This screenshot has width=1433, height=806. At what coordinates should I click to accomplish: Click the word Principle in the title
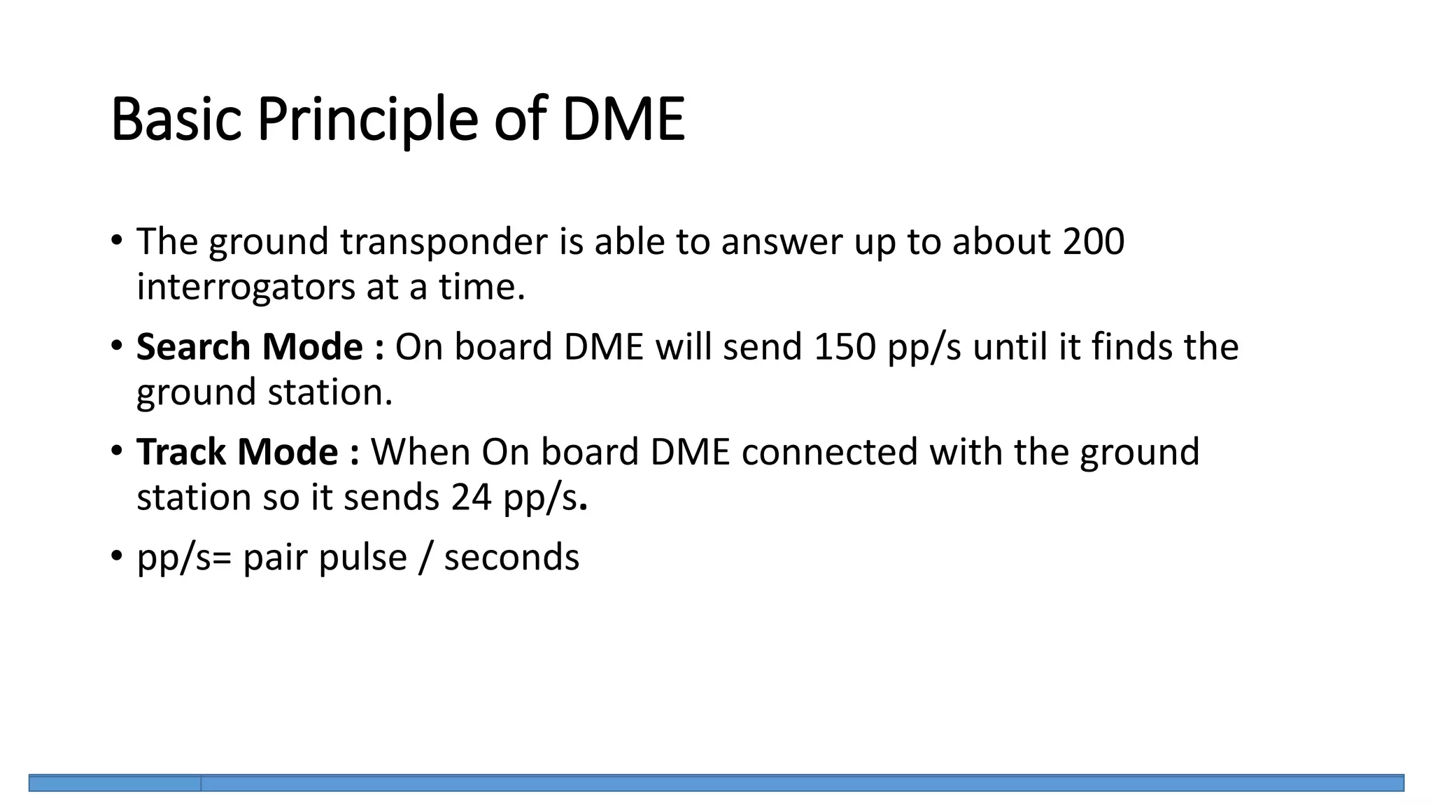pos(367,120)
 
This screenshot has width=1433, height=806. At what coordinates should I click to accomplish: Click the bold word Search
pos(193,346)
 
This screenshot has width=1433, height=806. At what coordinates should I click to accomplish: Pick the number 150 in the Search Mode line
pos(845,347)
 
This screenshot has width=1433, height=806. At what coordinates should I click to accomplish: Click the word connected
pos(829,452)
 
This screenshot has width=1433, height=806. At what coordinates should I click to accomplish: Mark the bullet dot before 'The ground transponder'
pos(116,240)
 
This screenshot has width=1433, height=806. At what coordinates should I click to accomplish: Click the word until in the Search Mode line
pos(1010,347)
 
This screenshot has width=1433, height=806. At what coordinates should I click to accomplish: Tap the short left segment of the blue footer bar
pos(115,783)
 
